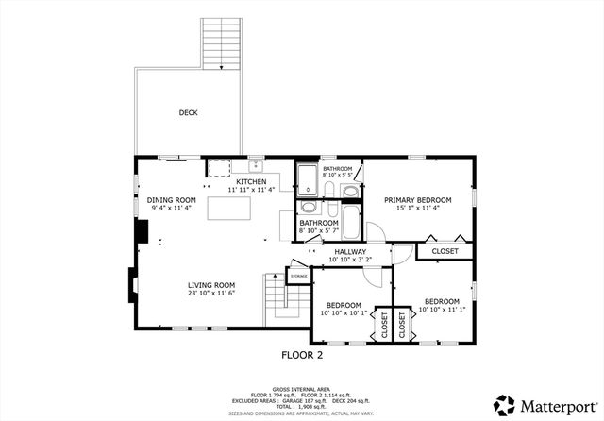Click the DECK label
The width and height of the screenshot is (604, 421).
[x=188, y=113]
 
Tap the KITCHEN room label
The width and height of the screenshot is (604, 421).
[x=250, y=181]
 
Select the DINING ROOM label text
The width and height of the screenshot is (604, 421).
[x=171, y=199]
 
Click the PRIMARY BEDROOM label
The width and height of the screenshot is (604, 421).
[x=417, y=200]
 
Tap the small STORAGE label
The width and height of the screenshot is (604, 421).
[x=299, y=277]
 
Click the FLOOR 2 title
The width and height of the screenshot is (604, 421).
[x=302, y=355]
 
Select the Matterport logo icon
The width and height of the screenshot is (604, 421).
[x=506, y=405]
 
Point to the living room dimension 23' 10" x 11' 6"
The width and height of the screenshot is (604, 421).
[x=210, y=293]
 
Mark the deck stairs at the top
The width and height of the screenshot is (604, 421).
[x=223, y=42]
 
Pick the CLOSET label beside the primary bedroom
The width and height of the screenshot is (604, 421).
[x=445, y=251]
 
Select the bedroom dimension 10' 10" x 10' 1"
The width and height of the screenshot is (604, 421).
[x=344, y=313]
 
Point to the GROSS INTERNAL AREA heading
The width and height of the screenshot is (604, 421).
[x=302, y=387]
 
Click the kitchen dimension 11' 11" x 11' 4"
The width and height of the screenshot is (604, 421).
[x=250, y=190]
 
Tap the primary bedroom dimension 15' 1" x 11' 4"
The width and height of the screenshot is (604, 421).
[x=417, y=209]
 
